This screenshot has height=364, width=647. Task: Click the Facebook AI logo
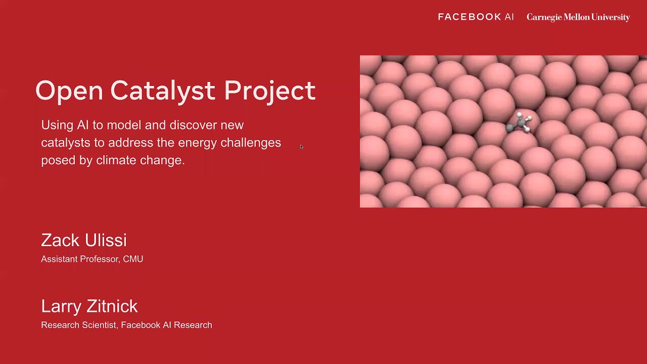pyautogui.click(x=476, y=17)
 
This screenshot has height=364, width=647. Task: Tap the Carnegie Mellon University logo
pyautogui.click(x=578, y=17)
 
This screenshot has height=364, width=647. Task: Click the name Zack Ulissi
pyautogui.click(x=84, y=240)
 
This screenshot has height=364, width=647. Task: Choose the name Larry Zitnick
pyautogui.click(x=89, y=306)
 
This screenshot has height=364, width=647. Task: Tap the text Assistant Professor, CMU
pyautogui.click(x=92, y=259)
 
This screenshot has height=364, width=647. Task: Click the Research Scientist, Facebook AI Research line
pyautogui.click(x=126, y=325)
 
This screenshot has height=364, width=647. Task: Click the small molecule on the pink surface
pyautogui.click(x=520, y=123)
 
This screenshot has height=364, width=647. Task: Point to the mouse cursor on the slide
pyautogui.click(x=301, y=147)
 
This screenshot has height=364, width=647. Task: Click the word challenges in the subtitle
pyautogui.click(x=251, y=143)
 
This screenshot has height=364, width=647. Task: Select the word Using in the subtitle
pyautogui.click(x=57, y=125)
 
